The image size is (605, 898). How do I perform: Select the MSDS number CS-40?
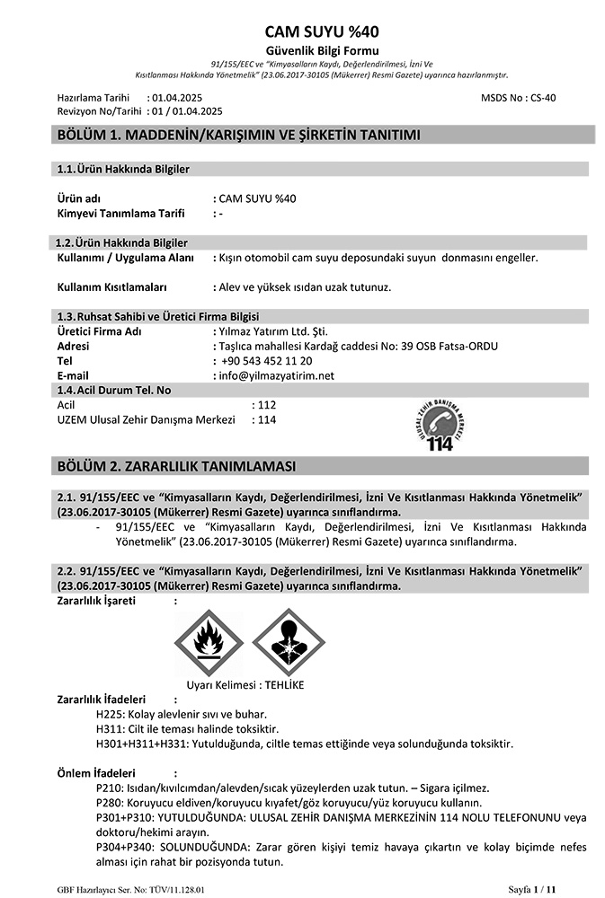click(543, 97)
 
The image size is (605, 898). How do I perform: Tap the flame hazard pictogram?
click(208, 642)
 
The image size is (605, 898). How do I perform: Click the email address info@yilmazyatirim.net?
click(276, 375)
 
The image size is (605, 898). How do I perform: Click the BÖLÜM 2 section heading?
click(176, 466)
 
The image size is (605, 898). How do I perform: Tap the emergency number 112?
click(266, 405)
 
